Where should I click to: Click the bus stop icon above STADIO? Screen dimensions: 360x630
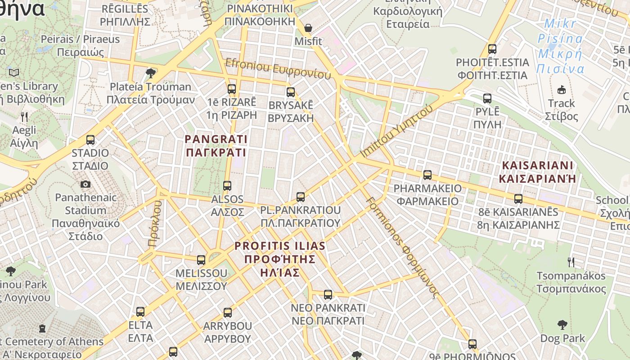pos(90,140)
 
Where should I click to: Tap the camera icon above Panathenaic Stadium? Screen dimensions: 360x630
pos(85,184)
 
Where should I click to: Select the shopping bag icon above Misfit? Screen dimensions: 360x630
pos(308,28)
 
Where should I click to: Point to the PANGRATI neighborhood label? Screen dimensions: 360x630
pos(216,145)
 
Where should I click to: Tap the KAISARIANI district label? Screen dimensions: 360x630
pos(537,171)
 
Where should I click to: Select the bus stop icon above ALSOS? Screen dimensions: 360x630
pos(227,186)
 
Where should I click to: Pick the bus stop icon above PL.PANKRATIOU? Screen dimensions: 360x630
pos(300,197)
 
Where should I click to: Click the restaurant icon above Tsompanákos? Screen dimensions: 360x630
pos(571,262)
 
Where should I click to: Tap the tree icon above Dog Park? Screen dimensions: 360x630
pos(562,324)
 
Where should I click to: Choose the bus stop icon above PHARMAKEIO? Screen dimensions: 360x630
pos(427,175)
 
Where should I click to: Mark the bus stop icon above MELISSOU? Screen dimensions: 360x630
pos(201,260)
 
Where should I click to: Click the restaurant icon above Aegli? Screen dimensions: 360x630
pos(24,117)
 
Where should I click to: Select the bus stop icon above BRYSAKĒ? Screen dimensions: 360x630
pos(291,92)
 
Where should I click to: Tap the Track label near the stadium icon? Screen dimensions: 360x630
pos(562,103)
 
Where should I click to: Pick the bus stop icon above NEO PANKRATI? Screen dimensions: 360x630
pos(328,295)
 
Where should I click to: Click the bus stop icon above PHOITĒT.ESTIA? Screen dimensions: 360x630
pos(492,49)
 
